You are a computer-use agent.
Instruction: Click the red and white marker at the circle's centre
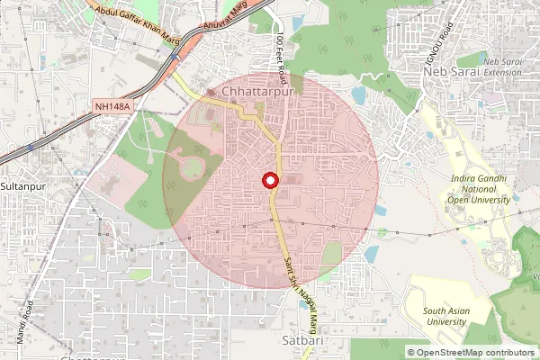tap(270, 180)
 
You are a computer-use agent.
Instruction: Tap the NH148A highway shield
tap(112, 106)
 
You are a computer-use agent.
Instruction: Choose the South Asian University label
tap(447, 316)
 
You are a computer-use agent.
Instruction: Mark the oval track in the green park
tap(193, 167)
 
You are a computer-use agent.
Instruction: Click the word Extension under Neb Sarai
tap(503, 71)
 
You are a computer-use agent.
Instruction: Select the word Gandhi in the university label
tap(492, 178)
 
